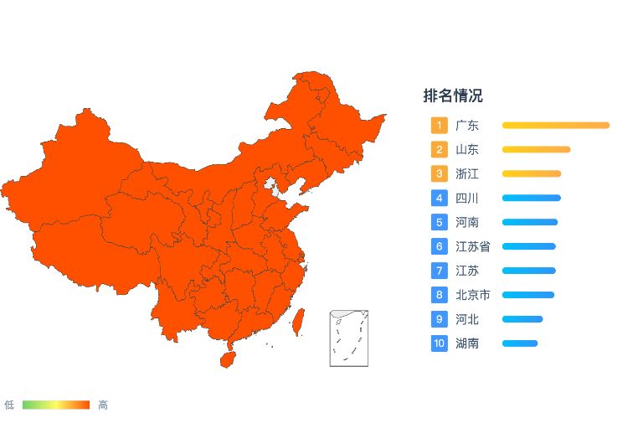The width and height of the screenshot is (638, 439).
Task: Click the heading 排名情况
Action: click(x=452, y=96)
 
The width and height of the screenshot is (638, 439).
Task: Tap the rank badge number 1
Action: click(x=440, y=126)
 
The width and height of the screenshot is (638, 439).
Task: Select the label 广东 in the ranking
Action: click(x=467, y=126)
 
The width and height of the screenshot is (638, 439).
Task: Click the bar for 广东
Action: click(x=555, y=126)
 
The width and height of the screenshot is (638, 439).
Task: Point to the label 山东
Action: click(x=467, y=150)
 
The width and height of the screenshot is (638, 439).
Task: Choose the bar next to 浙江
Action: click(x=531, y=174)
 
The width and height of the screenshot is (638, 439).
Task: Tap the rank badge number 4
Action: click(x=440, y=199)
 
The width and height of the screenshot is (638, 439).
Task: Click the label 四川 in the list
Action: click(x=467, y=199)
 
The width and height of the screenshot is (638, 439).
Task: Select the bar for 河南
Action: click(x=529, y=222)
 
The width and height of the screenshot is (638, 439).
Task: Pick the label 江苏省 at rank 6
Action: click(x=473, y=246)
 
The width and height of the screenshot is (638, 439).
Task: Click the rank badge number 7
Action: click(x=440, y=271)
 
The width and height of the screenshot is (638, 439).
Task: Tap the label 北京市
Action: click(x=473, y=295)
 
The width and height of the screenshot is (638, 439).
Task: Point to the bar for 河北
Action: click(x=522, y=319)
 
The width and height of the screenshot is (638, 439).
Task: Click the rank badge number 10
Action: click(x=440, y=343)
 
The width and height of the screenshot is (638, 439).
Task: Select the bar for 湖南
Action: click(x=519, y=343)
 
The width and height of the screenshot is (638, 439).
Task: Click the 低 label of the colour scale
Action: click(x=9, y=405)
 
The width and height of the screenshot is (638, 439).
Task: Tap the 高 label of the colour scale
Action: click(x=103, y=405)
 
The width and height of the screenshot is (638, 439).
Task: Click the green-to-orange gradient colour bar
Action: click(x=56, y=405)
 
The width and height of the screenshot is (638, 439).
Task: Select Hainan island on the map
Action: click(x=226, y=359)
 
